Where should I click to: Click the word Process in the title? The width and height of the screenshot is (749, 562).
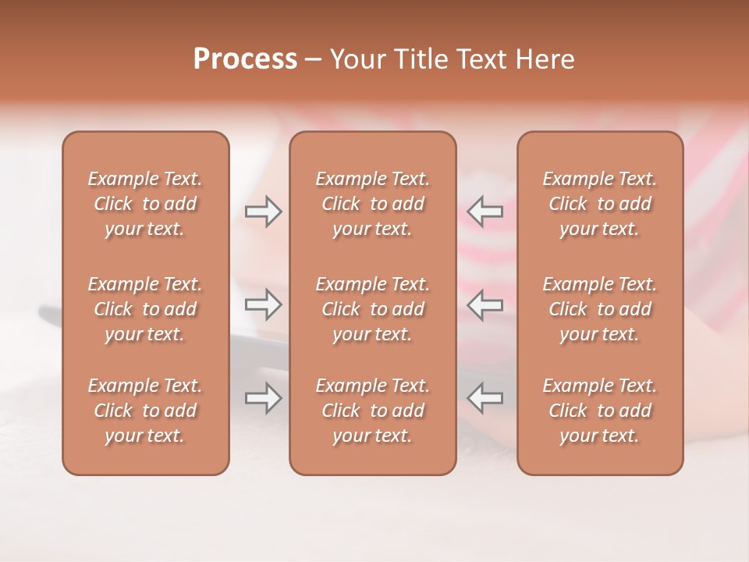tap(245, 59)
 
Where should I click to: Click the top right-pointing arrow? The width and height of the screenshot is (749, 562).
tap(263, 212)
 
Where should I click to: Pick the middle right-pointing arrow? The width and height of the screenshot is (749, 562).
tap(263, 304)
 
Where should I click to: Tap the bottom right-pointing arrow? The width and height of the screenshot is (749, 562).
tap(263, 398)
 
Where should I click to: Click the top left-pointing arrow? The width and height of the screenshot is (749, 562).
tap(485, 212)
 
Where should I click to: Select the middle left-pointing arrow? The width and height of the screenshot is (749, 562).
tap(485, 304)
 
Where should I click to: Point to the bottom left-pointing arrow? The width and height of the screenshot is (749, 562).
tap(485, 398)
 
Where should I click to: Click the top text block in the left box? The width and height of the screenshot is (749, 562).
tap(145, 204)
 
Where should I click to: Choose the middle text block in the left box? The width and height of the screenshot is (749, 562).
tap(145, 309)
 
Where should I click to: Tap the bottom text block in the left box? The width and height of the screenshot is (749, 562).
tap(145, 411)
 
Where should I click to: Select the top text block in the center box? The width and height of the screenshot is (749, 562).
tap(373, 204)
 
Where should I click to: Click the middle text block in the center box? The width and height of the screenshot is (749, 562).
tap(373, 309)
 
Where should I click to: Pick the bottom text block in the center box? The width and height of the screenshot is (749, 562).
tap(373, 411)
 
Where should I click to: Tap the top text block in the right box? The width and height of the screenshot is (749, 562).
tap(600, 204)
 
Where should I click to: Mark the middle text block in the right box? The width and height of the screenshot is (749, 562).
tap(600, 309)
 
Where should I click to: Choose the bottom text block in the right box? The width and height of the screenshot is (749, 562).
tap(600, 411)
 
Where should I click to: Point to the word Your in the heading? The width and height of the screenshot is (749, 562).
tap(357, 59)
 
